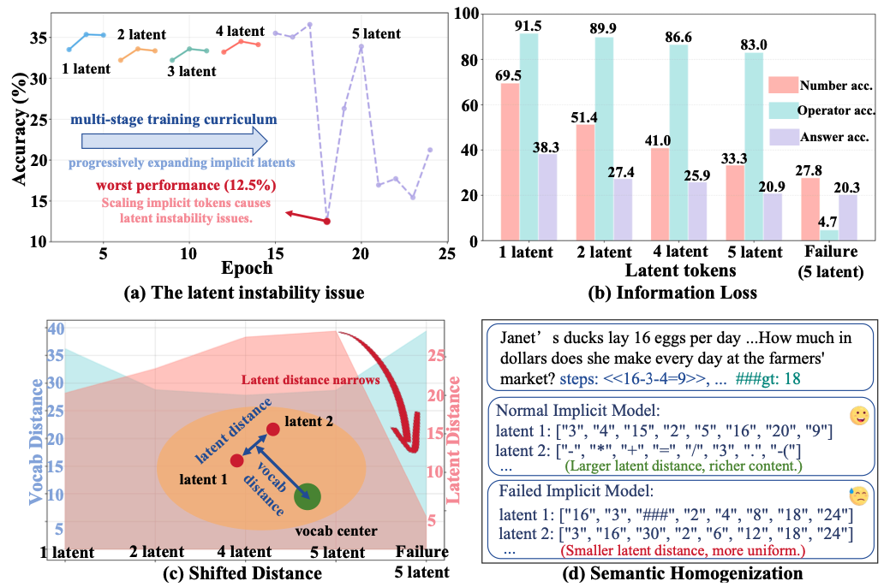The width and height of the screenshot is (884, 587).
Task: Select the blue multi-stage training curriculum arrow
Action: [x=174, y=139]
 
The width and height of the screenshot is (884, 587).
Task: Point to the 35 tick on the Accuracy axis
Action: [x=39, y=39]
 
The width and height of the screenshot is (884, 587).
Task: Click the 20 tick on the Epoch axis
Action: [x=361, y=254]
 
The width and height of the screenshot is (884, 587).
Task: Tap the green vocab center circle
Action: [x=307, y=496]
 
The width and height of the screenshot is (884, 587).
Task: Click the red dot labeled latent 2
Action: [x=272, y=429]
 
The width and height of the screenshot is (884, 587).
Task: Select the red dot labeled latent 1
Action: [x=237, y=461]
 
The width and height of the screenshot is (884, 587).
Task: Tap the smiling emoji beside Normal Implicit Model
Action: [x=858, y=416]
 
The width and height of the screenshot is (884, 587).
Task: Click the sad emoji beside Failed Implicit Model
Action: [x=858, y=497]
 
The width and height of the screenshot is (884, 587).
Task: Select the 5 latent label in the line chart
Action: [x=376, y=34]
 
